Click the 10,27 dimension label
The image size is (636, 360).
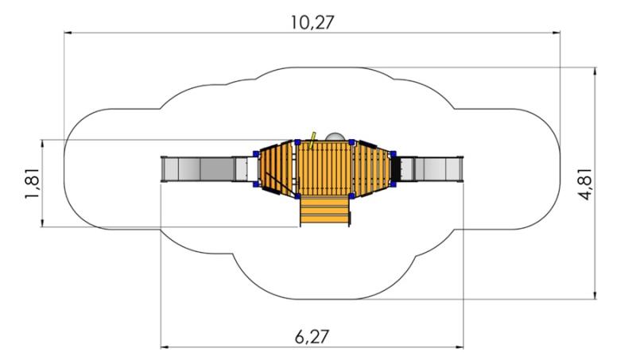click(312, 22)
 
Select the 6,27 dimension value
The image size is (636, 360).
click(312, 337)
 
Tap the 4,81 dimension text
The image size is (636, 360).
click(585, 184)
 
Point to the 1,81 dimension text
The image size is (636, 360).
click(33, 184)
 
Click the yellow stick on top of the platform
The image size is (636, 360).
click(312, 140)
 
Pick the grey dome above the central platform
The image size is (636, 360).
click(335, 137)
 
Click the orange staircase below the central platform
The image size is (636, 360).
click(324, 211)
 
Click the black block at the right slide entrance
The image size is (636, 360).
click(395, 168)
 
